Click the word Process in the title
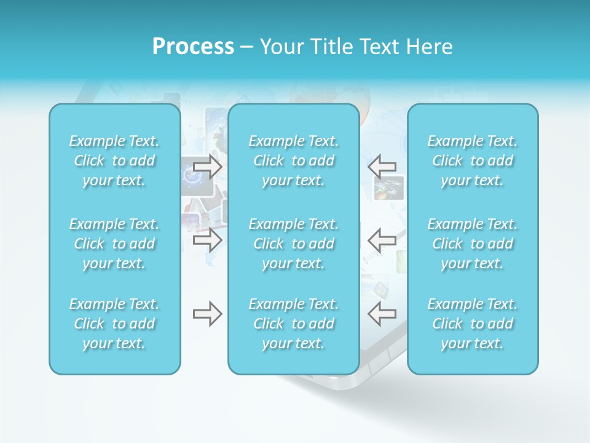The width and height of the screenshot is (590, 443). pos(193,47)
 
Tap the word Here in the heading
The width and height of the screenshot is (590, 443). pos(430,47)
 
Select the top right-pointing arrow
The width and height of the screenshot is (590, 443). pos(208,166)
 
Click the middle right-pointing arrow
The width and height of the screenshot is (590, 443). pos(208,239)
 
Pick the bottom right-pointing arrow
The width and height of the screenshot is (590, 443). pos(208,314)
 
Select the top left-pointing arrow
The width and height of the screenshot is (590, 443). pos(382,166)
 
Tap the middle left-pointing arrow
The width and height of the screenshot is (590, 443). pos(382,239)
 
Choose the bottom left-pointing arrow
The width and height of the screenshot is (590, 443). pos(382,314)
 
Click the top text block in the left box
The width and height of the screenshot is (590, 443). pos(114,161)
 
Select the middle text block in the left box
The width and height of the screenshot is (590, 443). pos(114,244)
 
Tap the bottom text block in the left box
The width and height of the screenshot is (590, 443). pos(114,324)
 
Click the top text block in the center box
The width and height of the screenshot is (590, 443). pos(294,161)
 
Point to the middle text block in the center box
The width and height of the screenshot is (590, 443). pos(294,244)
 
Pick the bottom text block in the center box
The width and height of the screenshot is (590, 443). pos(294,324)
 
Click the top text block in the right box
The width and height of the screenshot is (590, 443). pos(473,161)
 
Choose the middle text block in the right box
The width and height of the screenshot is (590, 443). pos(473,244)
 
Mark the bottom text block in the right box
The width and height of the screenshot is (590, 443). pos(473,324)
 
